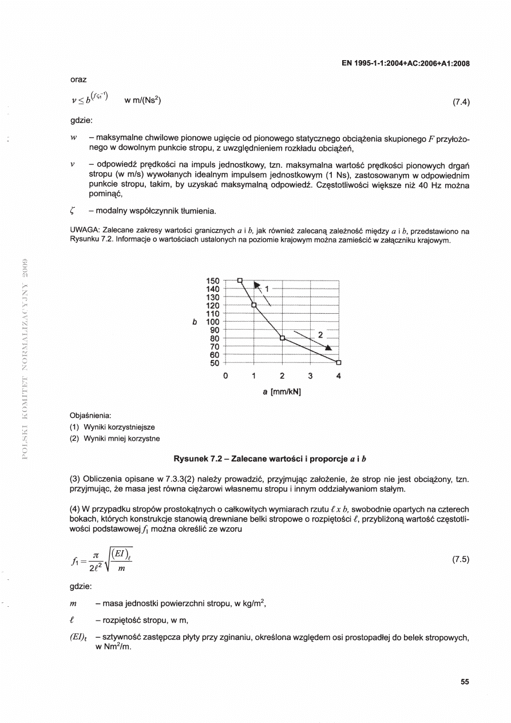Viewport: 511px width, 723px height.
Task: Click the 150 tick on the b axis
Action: coord(212,280)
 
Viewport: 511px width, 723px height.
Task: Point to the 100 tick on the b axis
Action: coord(212,322)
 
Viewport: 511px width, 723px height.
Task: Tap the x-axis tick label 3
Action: coord(310,376)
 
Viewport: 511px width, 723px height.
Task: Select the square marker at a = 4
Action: coord(338,362)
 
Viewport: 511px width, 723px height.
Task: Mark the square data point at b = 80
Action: coord(282,338)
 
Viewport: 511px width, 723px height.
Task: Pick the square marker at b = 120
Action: coord(253,305)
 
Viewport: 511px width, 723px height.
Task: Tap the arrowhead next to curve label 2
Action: coord(328,347)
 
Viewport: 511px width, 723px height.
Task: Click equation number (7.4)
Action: coord(461,103)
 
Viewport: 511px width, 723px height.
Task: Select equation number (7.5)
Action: coord(461,559)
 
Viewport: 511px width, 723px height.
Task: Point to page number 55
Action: coord(464,681)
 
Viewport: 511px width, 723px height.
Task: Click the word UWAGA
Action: coord(85,231)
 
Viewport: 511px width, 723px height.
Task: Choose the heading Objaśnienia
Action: coord(90,415)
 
